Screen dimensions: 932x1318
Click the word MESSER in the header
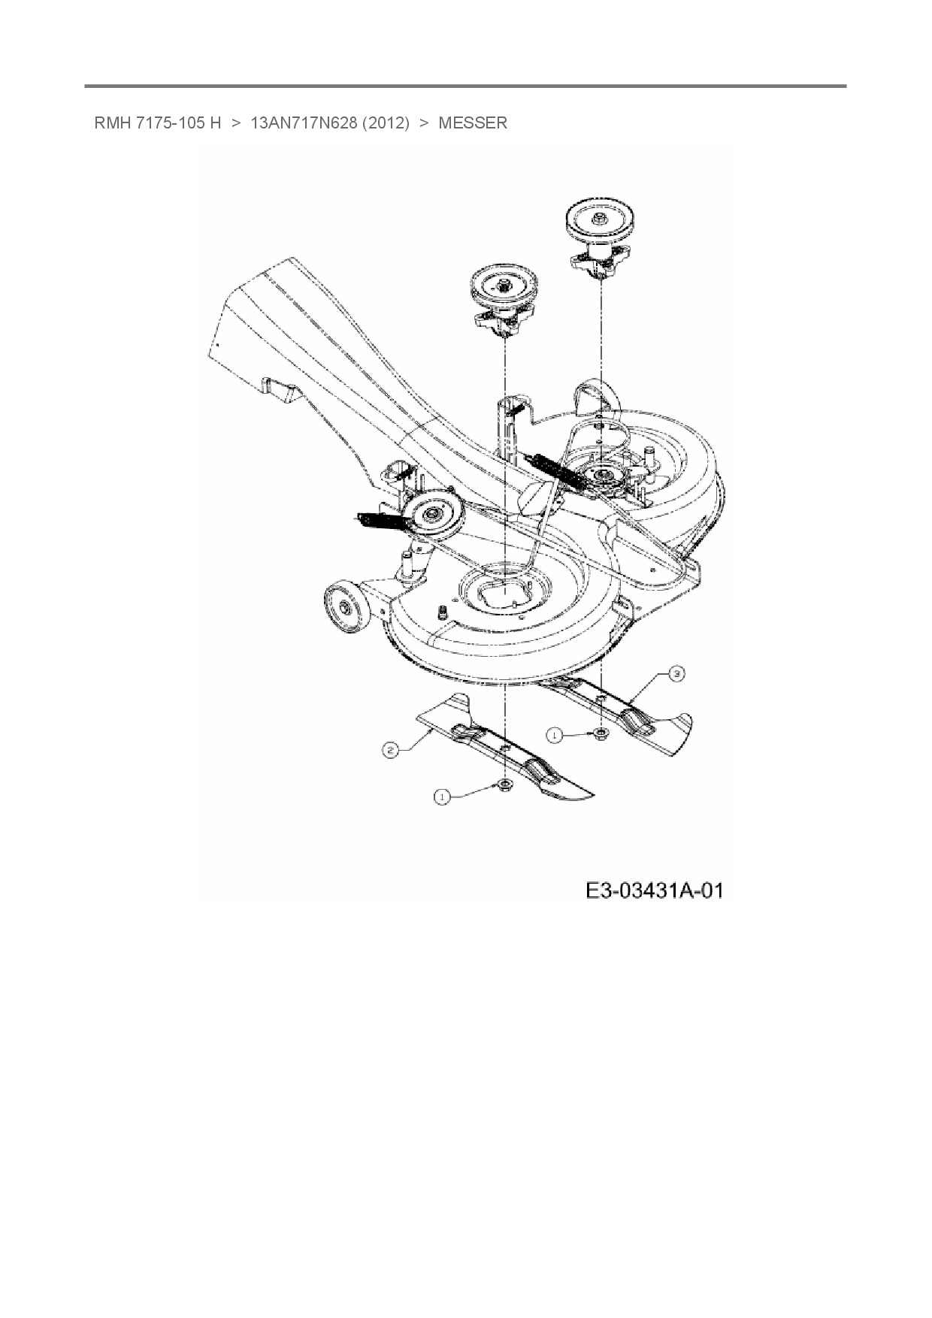click(472, 123)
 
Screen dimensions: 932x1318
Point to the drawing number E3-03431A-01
click(654, 891)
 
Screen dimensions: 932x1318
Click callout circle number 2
click(389, 749)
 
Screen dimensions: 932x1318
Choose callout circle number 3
click(676, 674)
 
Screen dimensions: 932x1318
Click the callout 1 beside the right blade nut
click(554, 736)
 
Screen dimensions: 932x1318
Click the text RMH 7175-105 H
click(157, 123)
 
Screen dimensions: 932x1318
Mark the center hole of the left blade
click(505, 749)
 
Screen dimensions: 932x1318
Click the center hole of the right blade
click(601, 700)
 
